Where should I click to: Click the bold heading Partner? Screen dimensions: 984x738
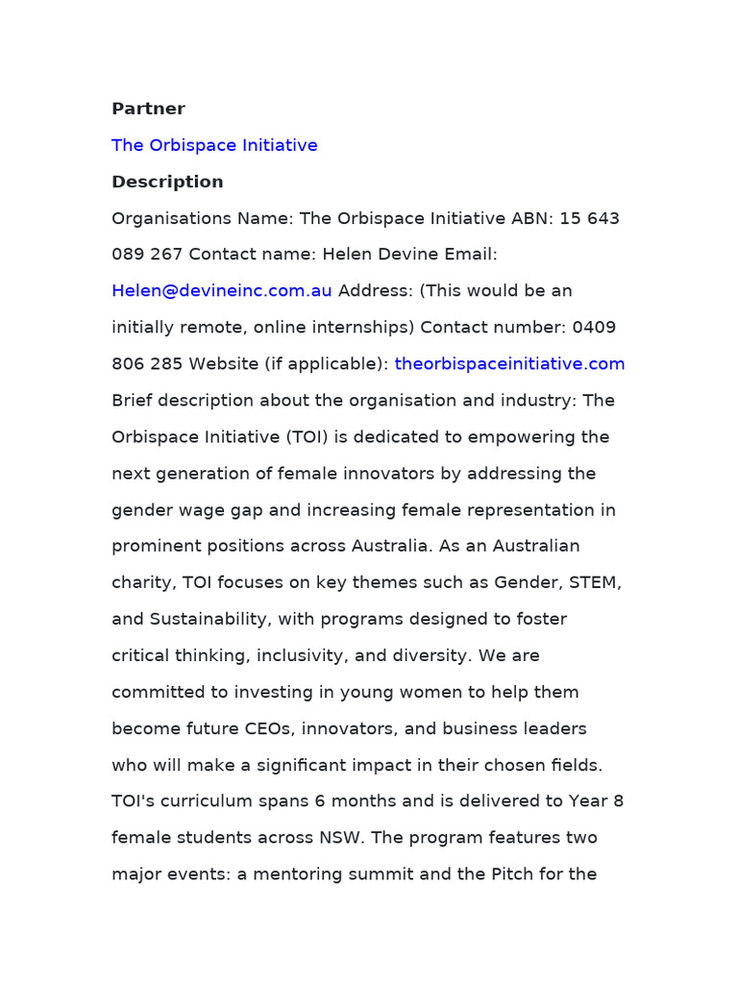click(x=148, y=109)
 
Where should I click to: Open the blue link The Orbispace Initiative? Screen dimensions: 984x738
click(x=214, y=145)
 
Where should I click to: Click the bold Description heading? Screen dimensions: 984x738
click(x=167, y=182)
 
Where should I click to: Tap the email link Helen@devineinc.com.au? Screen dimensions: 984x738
click(x=222, y=291)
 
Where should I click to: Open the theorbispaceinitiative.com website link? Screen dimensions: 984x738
click(x=509, y=364)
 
